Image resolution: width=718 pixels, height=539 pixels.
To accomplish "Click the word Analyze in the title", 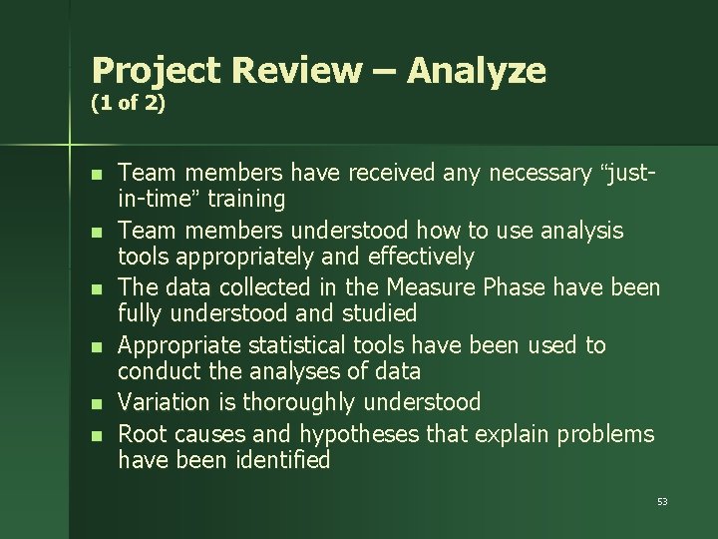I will pos(477,72).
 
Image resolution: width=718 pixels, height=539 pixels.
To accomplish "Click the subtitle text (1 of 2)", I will pos(128,103).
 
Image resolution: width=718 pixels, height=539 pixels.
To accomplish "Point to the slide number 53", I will pos(662,501).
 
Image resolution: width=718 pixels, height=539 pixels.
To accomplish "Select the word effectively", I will pos(421,258).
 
